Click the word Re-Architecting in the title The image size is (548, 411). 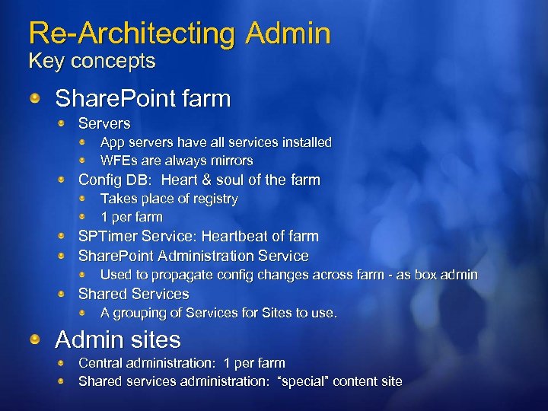coord(132,33)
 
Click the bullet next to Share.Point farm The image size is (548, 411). coord(35,98)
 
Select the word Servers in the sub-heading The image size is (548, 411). coord(104,123)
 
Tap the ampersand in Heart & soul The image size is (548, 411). coord(201,180)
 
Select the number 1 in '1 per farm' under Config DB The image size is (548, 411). coord(104,217)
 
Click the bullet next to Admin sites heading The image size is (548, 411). coord(35,340)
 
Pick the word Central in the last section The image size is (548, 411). coord(101,363)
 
